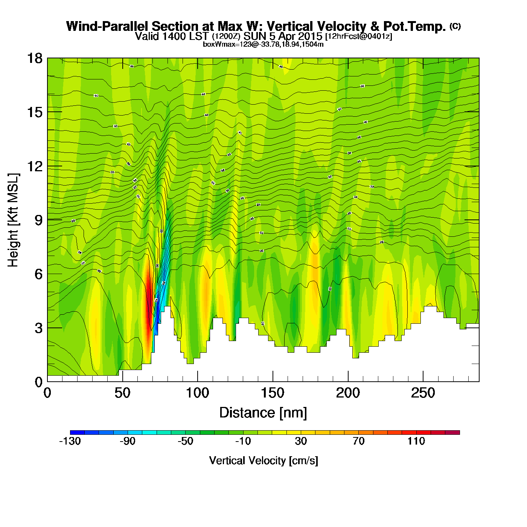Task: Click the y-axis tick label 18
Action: coord(34,58)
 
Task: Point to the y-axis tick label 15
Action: coord(34,112)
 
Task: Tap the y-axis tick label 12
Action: coord(34,166)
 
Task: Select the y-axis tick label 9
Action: coord(38,220)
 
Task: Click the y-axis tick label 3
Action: coord(38,328)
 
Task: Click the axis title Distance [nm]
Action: coord(263,413)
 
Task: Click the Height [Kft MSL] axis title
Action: coord(13,220)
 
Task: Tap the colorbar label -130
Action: coord(70,441)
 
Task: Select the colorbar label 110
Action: coord(416,441)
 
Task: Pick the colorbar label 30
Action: coord(301,441)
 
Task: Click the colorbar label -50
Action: coord(185,441)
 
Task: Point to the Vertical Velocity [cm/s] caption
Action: coord(263,461)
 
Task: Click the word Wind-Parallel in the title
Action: coord(108,26)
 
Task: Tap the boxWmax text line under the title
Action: coord(263,44)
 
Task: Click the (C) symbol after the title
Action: coord(455,26)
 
